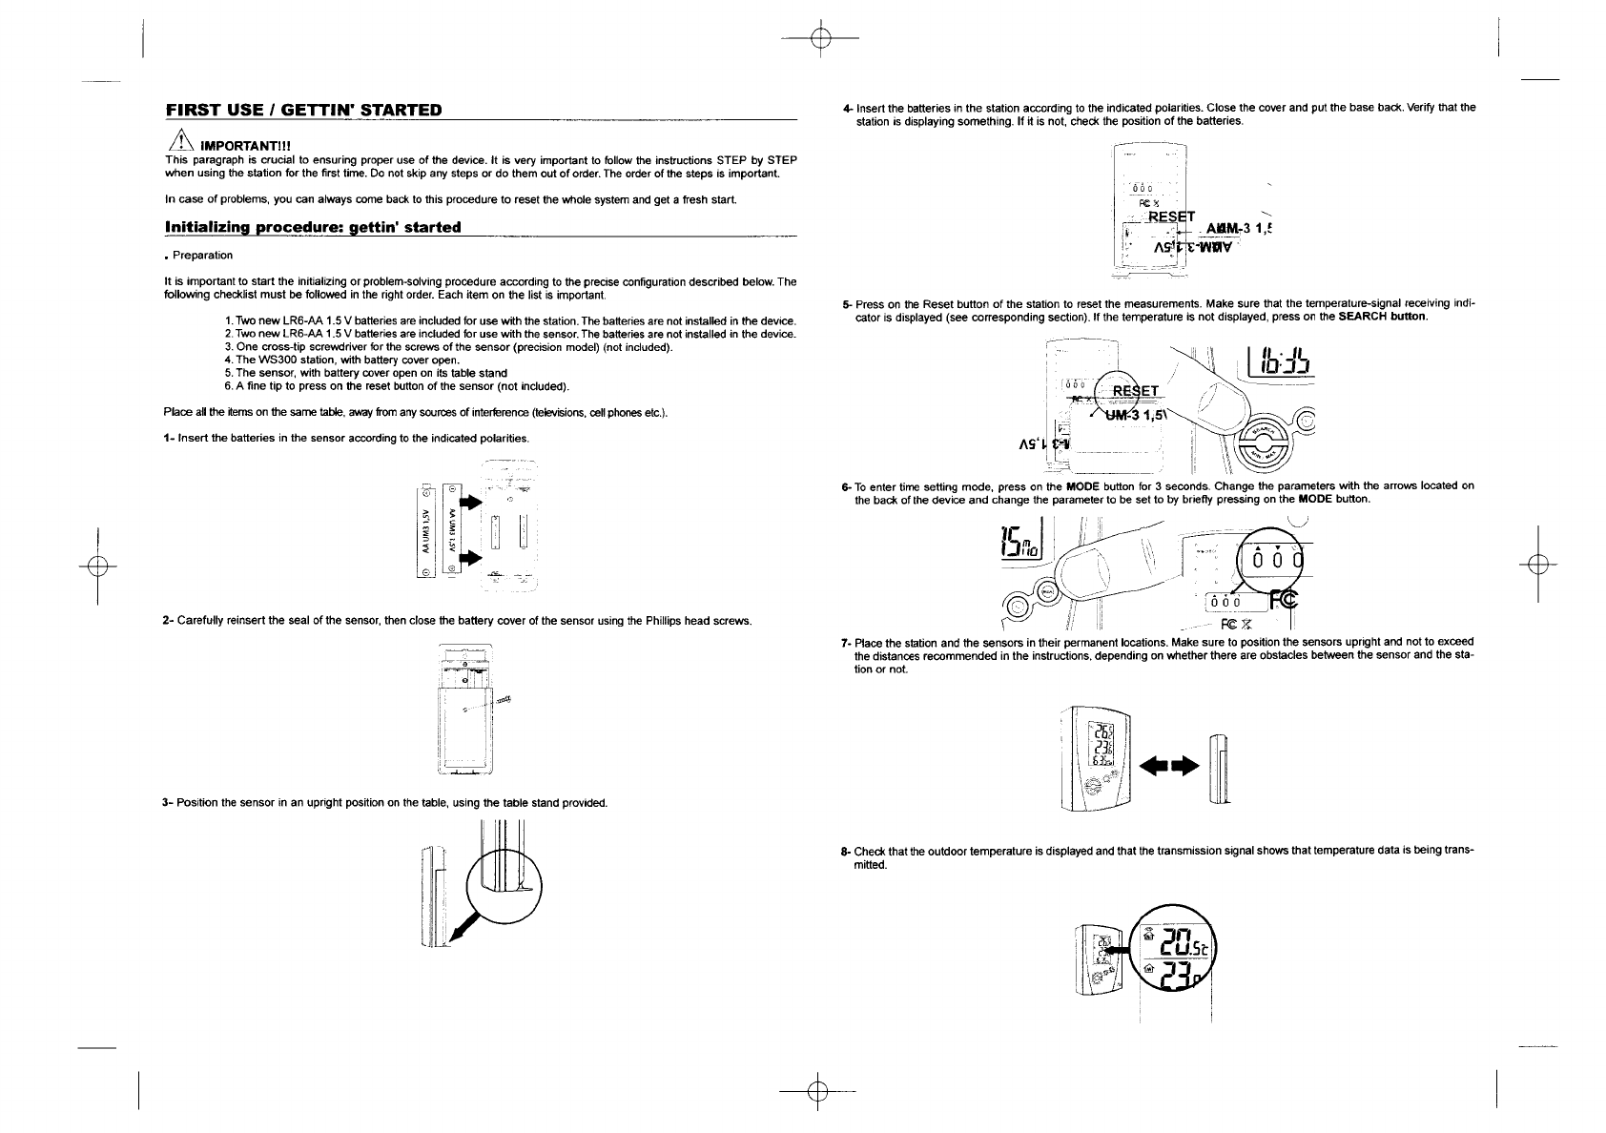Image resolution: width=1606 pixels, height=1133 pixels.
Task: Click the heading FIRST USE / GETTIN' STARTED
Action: tap(303, 110)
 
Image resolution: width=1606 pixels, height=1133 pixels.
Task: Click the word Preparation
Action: tap(203, 256)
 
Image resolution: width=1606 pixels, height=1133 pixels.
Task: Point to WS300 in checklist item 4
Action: tap(272, 360)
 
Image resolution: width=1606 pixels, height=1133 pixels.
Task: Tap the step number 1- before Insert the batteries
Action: tap(169, 438)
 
